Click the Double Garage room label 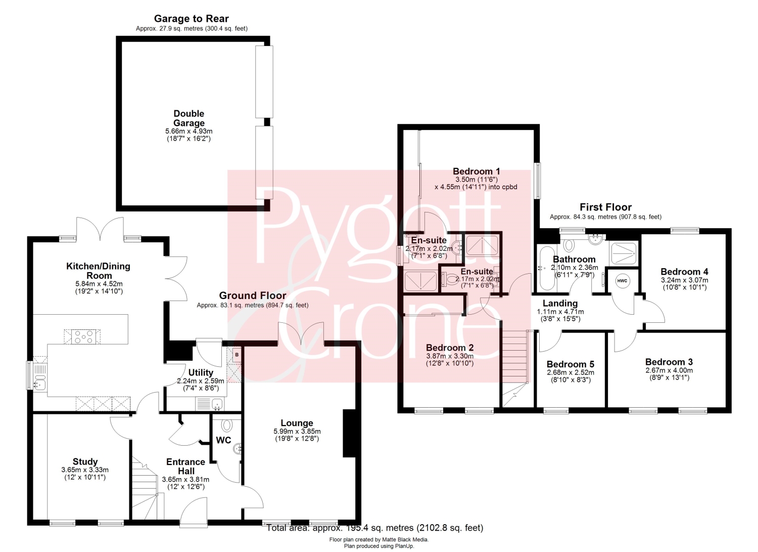coord(189,118)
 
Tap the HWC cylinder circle coord(622,281)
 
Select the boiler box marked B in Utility coord(237,355)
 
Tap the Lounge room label coord(297,423)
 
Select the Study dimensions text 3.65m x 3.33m coord(85,470)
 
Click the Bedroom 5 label coord(571,364)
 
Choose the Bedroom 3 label coord(669,362)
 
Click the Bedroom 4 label coord(685,271)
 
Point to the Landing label coord(560,303)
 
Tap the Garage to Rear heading coord(192,18)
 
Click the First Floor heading coord(606,207)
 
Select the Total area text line coord(375,528)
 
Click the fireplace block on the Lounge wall coord(349,433)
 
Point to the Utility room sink coord(217,404)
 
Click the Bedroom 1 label coord(476,171)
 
